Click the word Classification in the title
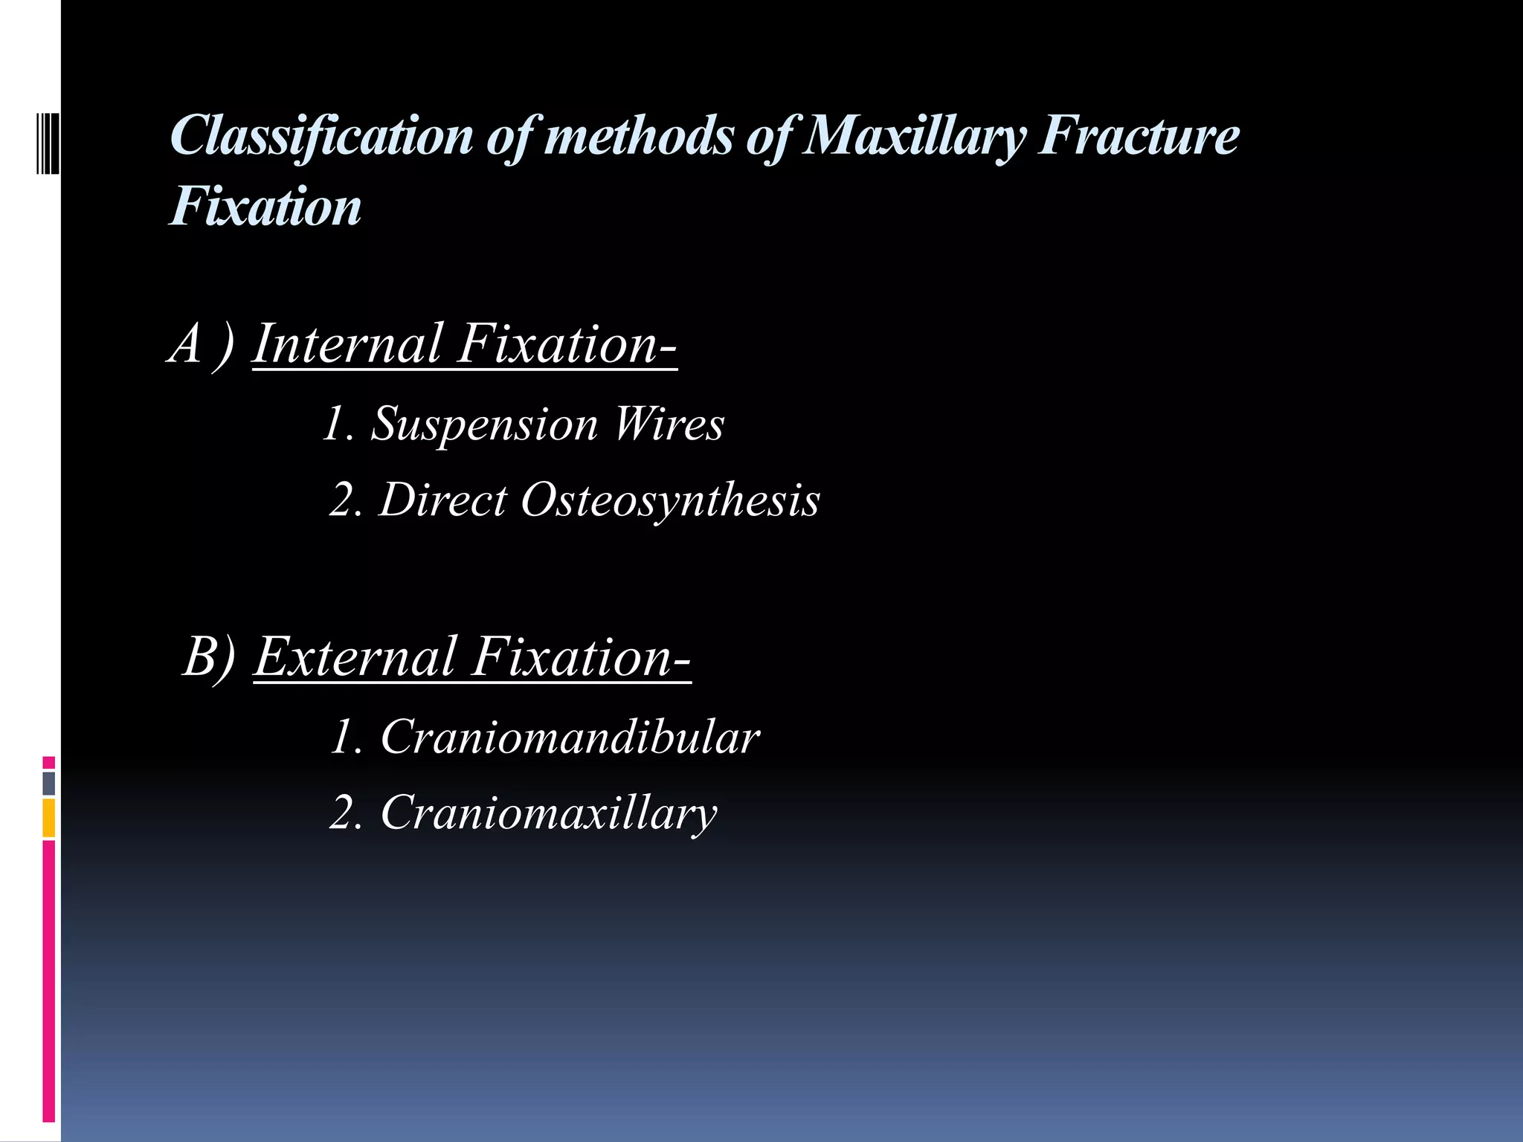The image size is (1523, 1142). click(321, 136)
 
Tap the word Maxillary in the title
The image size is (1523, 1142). click(914, 136)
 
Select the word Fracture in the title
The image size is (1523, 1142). click(1139, 136)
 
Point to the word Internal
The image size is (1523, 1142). click(348, 344)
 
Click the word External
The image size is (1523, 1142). click(355, 657)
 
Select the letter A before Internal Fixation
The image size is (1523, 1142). click(186, 344)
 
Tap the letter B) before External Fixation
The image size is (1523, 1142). click(209, 657)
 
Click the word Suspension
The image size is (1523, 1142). click(484, 425)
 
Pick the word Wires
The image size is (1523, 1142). click(668, 425)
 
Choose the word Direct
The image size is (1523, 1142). click(443, 500)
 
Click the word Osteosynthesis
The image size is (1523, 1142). click(670, 500)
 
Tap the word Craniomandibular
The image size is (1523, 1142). click(570, 738)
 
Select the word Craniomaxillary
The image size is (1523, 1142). click(549, 813)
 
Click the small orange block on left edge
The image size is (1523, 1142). click(48, 818)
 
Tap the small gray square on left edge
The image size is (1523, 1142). click(48, 783)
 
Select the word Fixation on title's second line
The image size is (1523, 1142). click(265, 207)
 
